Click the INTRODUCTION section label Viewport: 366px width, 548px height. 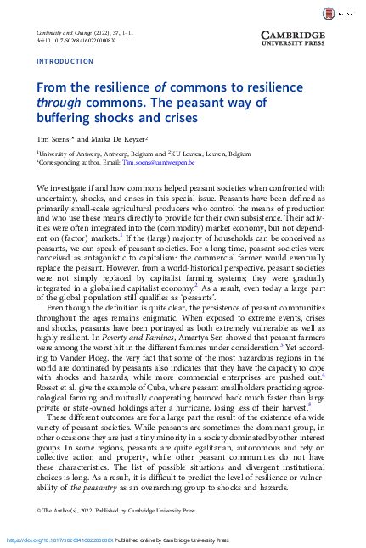coord(65,61)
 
